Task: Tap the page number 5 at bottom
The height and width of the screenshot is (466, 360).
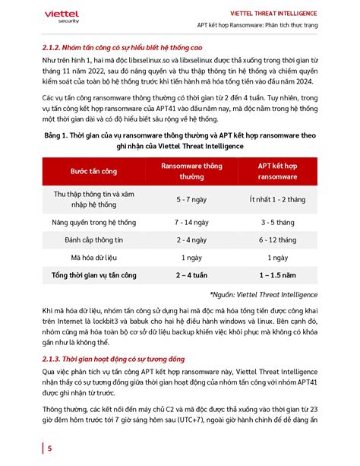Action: pos(49,449)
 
